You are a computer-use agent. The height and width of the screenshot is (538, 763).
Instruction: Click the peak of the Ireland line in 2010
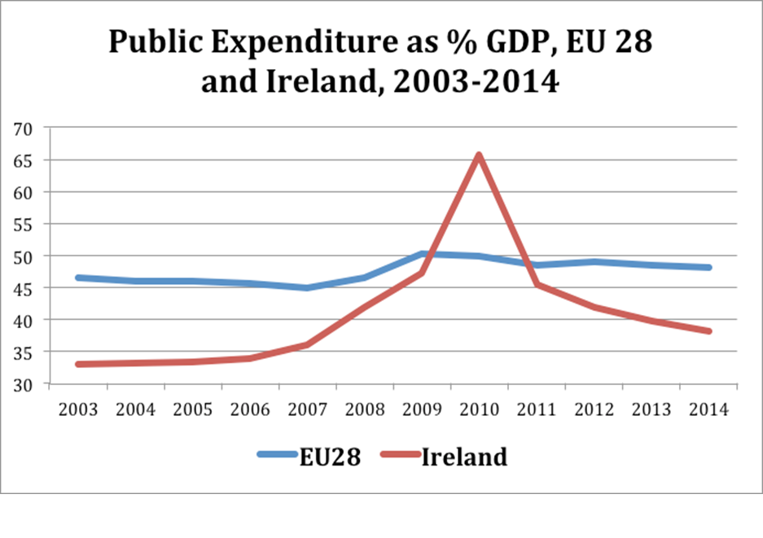coord(479,155)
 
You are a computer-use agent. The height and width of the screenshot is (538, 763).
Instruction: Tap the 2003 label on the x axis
coord(78,409)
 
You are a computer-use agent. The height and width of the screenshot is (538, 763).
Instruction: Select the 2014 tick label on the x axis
coord(708,409)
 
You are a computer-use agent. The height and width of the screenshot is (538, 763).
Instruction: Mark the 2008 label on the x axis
coord(365,409)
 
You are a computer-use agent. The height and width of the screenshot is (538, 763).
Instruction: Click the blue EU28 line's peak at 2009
coord(422,254)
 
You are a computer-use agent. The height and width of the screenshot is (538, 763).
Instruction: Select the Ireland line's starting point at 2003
coord(78,364)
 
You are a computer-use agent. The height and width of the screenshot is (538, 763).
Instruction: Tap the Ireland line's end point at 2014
coord(708,331)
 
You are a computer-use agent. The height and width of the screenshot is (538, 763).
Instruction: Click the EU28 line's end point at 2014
coord(708,267)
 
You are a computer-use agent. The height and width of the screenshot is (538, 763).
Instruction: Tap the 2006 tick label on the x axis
coord(250,409)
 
